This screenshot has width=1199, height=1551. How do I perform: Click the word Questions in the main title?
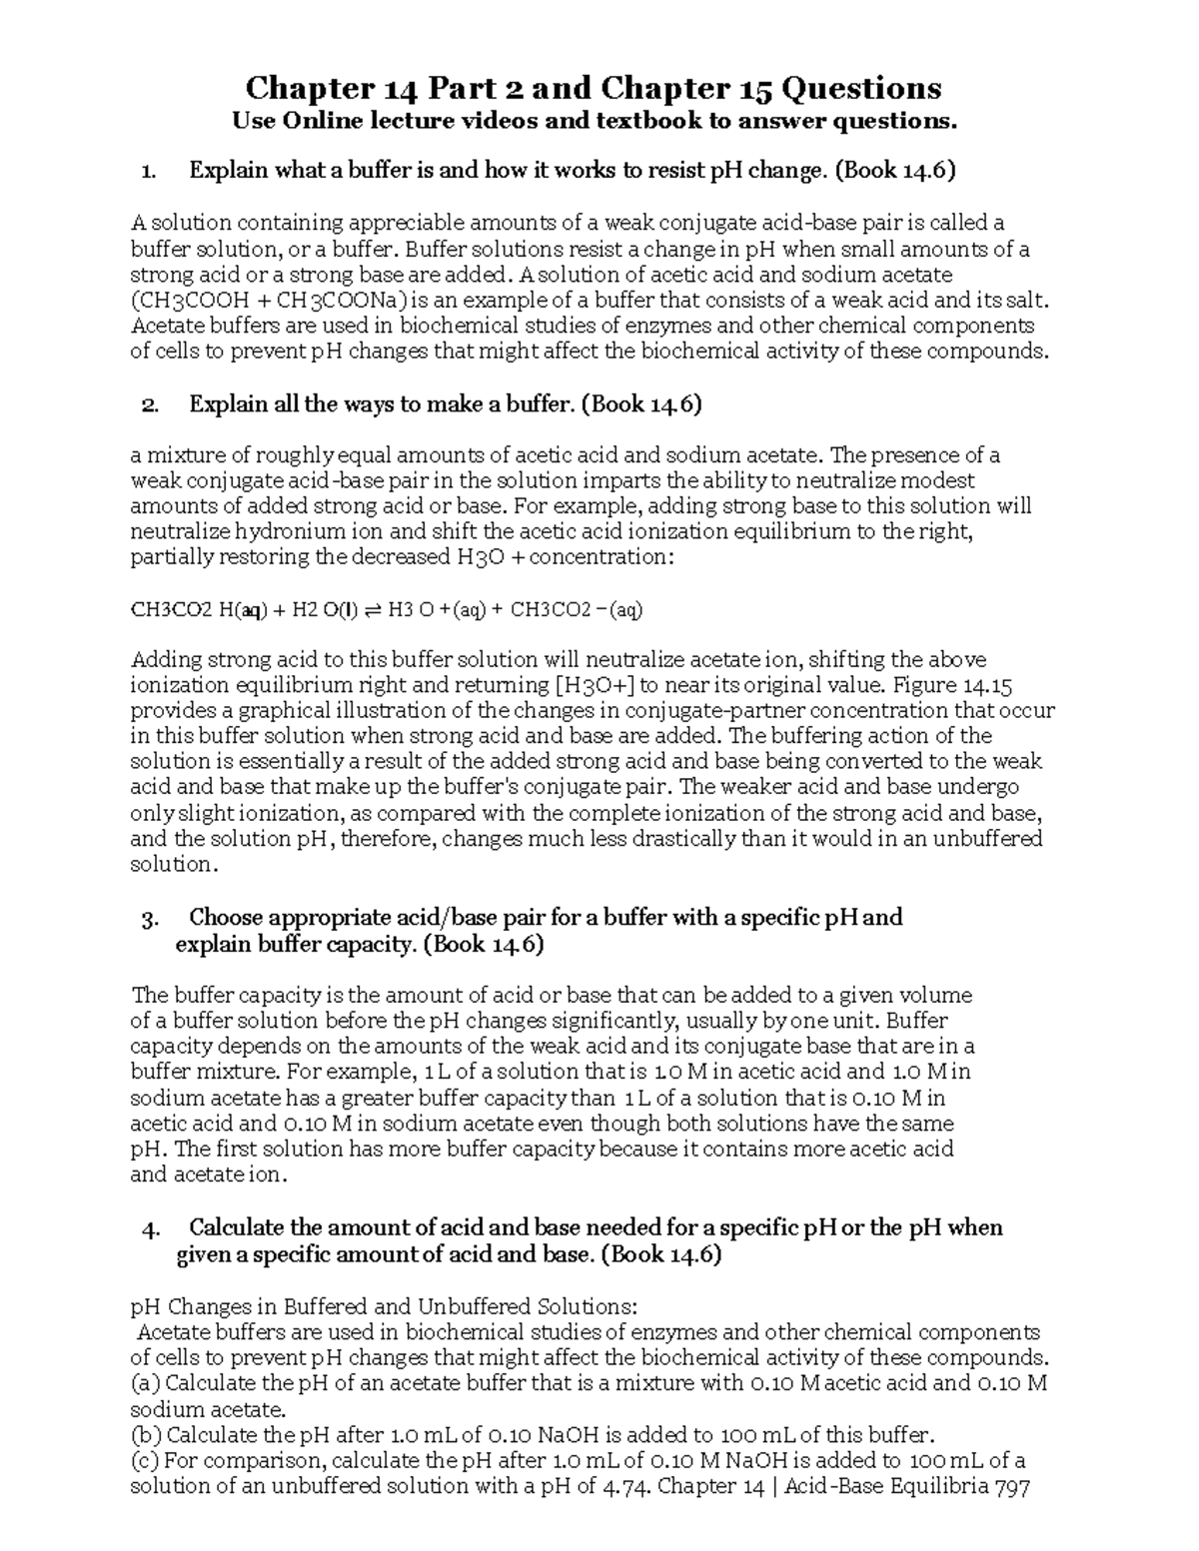(x=860, y=89)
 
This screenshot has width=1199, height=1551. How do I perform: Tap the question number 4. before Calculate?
(x=151, y=1228)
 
